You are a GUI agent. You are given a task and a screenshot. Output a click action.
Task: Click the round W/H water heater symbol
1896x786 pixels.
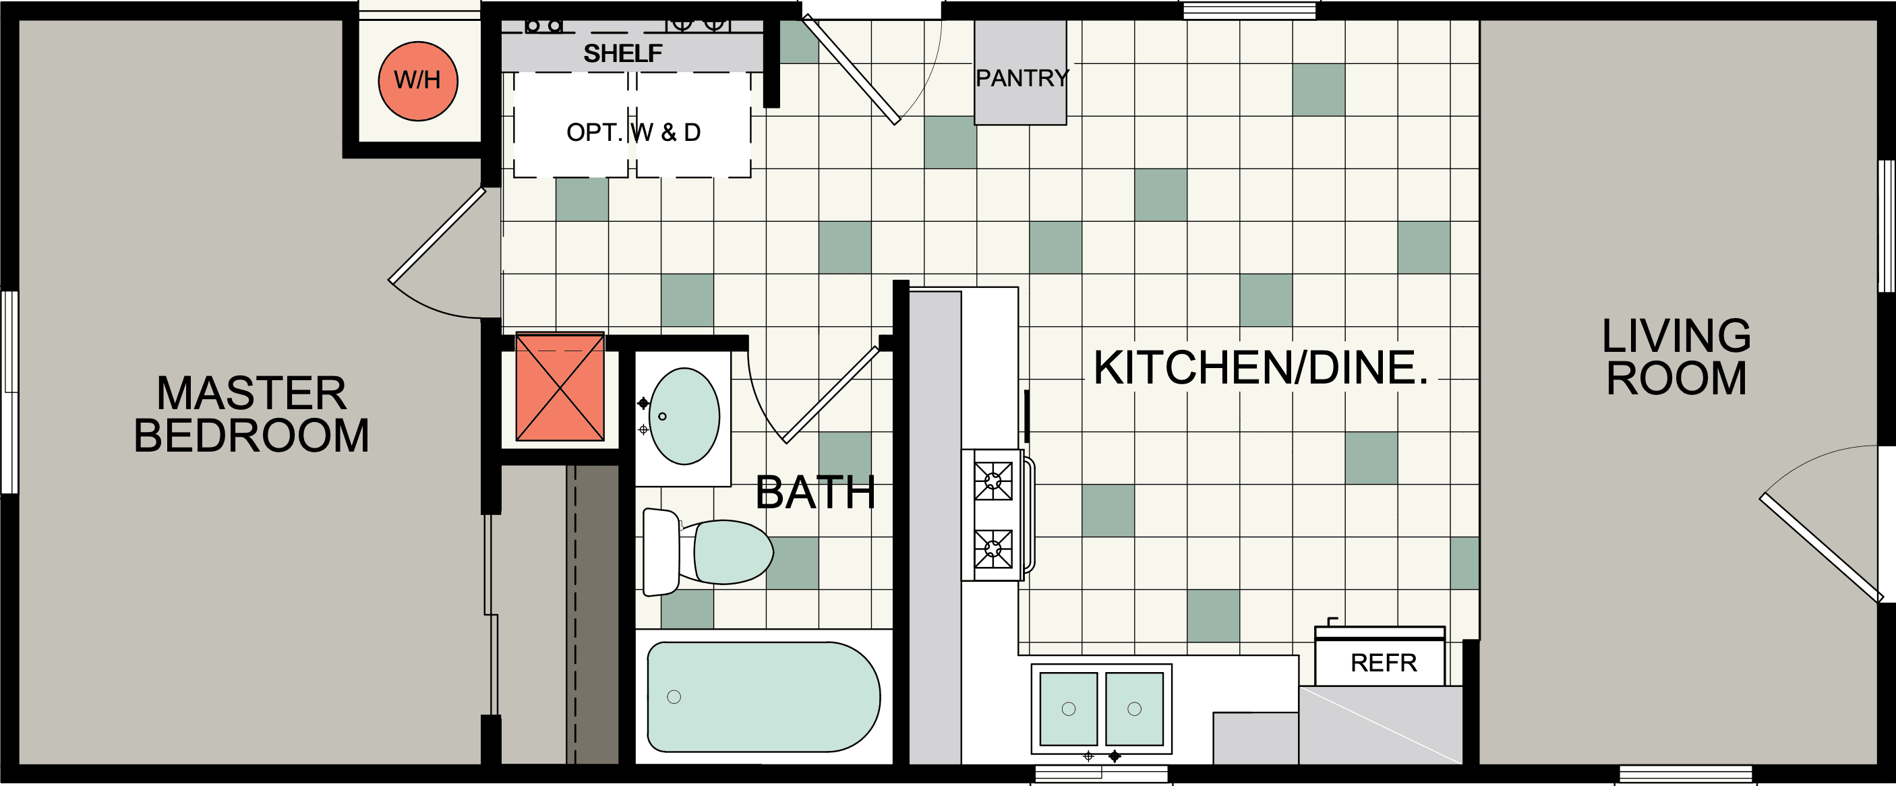[418, 81]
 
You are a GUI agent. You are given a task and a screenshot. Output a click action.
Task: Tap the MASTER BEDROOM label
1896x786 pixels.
[251, 415]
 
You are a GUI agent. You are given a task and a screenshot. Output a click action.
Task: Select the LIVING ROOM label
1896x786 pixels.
[1676, 358]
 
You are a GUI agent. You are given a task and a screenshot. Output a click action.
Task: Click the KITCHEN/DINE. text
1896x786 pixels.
[1260, 368]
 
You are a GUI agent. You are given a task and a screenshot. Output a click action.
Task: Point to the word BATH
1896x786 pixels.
[814, 492]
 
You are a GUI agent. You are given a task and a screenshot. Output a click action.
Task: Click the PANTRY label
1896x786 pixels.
[1021, 78]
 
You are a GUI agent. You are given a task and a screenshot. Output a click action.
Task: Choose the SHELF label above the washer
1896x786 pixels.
[623, 54]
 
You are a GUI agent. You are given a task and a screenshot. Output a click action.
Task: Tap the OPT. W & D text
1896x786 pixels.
[633, 133]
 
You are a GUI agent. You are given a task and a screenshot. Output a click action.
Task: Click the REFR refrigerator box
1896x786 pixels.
[1382, 663]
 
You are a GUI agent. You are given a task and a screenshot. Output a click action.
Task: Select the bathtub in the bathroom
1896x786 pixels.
[763, 696]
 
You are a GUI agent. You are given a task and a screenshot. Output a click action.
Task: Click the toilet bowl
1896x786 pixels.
[732, 552]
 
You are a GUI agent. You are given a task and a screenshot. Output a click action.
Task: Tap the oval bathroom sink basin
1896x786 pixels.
[684, 417]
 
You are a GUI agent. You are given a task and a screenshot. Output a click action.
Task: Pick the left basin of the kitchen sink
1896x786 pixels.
[1069, 708]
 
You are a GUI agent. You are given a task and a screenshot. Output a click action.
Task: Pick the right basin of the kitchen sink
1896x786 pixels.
[1134, 708]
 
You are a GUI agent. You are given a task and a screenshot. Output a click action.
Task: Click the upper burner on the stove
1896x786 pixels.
[993, 481]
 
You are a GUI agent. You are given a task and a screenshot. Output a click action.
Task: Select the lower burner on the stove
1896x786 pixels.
[993, 548]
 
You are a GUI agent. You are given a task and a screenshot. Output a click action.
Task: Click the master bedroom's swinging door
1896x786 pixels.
[437, 235]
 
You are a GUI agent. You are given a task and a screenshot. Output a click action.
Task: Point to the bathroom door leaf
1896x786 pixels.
[832, 395]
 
